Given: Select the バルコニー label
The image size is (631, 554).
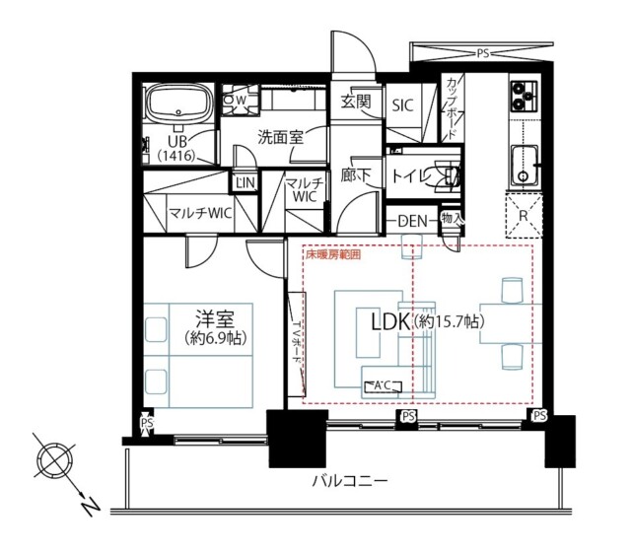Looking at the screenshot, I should (x=349, y=482).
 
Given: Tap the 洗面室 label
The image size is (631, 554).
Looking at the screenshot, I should (x=281, y=137).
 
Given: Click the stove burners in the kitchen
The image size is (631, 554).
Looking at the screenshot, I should (x=521, y=97).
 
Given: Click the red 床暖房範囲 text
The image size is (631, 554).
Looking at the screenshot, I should (x=332, y=254).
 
